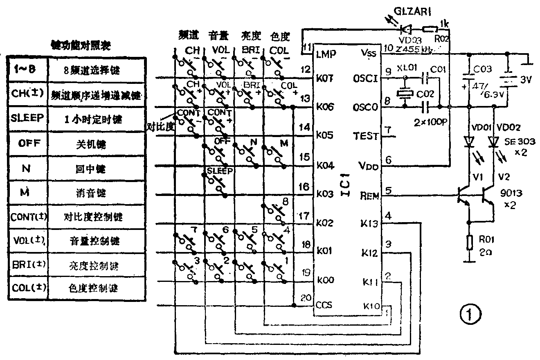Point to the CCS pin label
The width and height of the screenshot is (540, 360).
pos(324,305)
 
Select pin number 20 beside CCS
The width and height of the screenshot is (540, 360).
pos(306,298)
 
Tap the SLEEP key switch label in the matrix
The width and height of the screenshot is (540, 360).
pos(220,171)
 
